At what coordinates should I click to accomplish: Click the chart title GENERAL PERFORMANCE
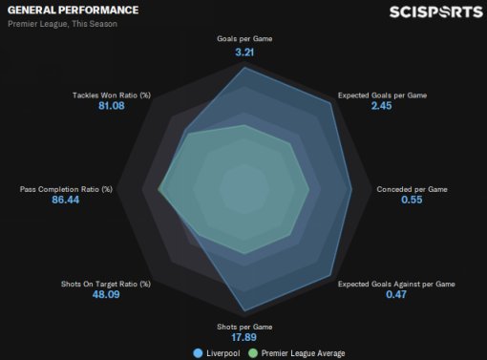click(73, 11)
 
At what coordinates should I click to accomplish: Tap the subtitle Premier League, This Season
click(62, 24)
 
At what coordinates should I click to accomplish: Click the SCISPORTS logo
click(436, 12)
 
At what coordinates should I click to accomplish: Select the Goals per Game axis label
click(244, 39)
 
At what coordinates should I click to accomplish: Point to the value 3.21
click(244, 53)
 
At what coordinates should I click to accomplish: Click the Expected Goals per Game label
click(382, 95)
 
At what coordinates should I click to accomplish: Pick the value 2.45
click(381, 106)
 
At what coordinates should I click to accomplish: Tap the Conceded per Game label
click(412, 189)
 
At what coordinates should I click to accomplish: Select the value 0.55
click(412, 200)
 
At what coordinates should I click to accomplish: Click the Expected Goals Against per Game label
click(396, 284)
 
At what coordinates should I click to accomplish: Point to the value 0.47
click(396, 294)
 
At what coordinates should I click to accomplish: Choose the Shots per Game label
click(244, 327)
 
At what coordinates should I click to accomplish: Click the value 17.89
click(243, 337)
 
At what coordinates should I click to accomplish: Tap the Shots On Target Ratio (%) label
click(106, 284)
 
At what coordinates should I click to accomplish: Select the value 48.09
click(106, 294)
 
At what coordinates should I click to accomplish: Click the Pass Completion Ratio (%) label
click(66, 189)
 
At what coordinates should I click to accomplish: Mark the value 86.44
click(66, 200)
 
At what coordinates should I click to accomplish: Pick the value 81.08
click(112, 106)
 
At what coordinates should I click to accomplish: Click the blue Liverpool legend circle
click(198, 353)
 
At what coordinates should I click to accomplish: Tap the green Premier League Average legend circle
click(253, 353)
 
